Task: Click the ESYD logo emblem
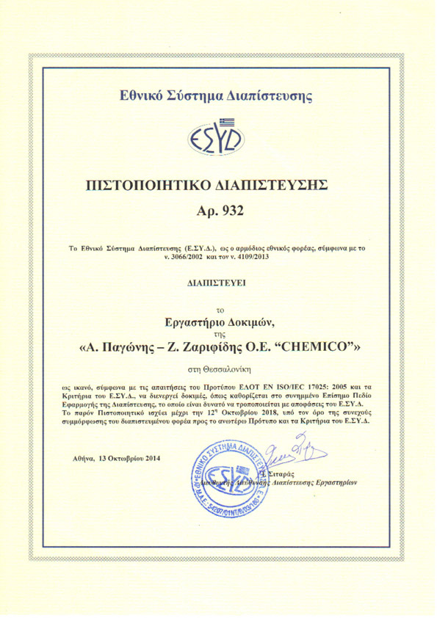click(218, 139)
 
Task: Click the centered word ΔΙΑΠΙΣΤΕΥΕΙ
click(218, 280)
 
